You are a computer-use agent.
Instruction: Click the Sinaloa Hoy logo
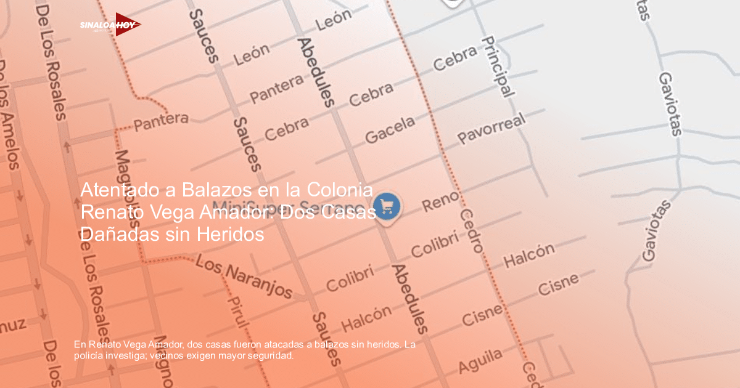tap(110, 25)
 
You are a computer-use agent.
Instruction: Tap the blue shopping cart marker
tap(387, 206)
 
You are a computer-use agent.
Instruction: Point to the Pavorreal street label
tap(491, 129)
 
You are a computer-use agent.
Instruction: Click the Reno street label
tap(440, 201)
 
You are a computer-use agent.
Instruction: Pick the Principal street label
tap(498, 67)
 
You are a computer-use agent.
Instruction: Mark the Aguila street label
tap(480, 360)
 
